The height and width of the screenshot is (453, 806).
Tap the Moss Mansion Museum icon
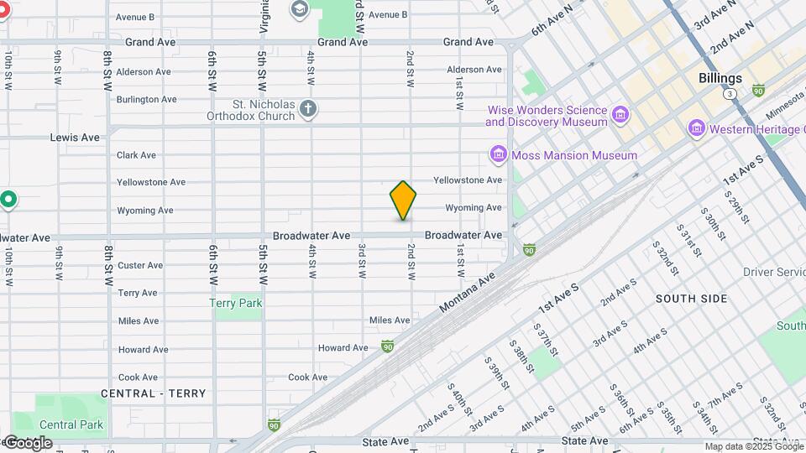[x=498, y=155]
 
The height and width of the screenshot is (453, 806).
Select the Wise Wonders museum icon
[x=620, y=114]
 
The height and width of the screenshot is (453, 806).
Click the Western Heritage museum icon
[x=695, y=129]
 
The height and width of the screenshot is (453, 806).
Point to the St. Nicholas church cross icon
[x=308, y=108]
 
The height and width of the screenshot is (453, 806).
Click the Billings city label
[x=720, y=78]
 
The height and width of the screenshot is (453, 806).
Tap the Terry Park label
[x=236, y=304]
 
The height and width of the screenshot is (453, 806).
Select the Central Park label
[x=71, y=424]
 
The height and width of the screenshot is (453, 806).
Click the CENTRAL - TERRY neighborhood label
[x=153, y=393]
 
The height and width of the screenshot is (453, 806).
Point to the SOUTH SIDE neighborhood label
[x=692, y=299]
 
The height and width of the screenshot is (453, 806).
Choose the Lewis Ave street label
[x=76, y=138]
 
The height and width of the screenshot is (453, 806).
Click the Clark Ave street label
[x=136, y=155]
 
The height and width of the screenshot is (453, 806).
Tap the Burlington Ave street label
[x=146, y=100]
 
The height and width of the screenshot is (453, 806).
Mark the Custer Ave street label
[x=140, y=266]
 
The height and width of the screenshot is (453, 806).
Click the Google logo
[x=28, y=443]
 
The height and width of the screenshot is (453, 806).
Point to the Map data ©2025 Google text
[x=754, y=447]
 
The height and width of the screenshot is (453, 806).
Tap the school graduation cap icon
[x=298, y=8]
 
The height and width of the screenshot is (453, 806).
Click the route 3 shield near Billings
[x=731, y=95]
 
